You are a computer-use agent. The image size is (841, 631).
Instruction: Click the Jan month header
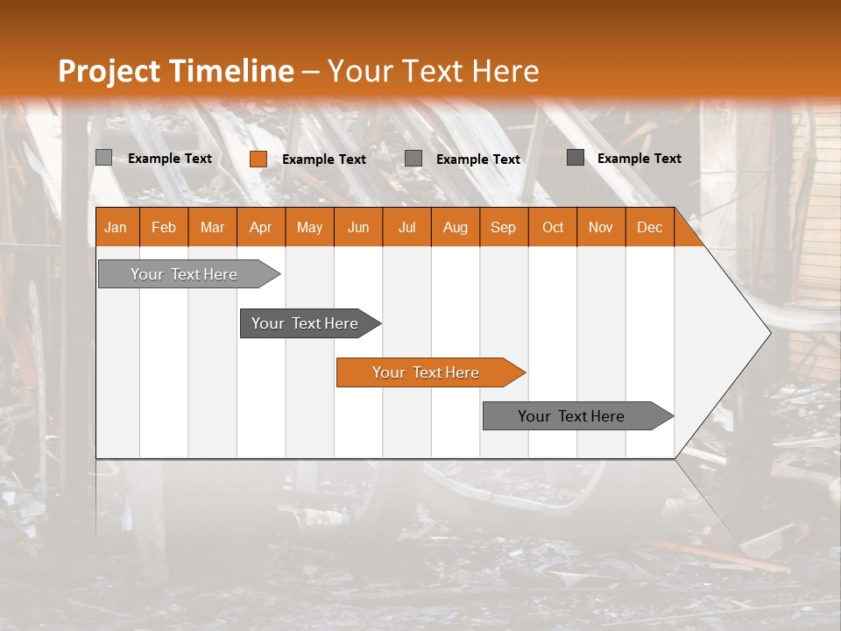(x=116, y=227)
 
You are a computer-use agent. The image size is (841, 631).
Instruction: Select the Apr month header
(x=261, y=227)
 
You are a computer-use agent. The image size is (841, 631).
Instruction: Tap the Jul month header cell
(x=406, y=227)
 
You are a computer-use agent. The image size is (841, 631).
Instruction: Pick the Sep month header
(x=504, y=227)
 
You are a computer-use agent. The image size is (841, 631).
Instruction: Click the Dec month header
(x=649, y=227)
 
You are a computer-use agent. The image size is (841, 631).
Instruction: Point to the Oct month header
(x=553, y=227)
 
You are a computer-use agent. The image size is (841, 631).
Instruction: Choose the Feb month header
(x=164, y=227)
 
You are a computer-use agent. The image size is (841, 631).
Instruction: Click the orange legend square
(x=258, y=159)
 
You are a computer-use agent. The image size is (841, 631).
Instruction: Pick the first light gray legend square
(x=103, y=158)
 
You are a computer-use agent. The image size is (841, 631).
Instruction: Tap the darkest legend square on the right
(x=575, y=158)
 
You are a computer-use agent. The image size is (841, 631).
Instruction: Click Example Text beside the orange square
(x=324, y=160)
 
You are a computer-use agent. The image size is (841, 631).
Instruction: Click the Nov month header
(x=601, y=227)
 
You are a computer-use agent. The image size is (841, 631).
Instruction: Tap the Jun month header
(x=358, y=227)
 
